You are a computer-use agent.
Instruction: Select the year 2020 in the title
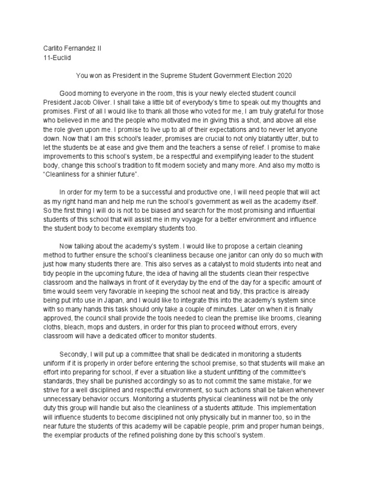click(283, 76)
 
